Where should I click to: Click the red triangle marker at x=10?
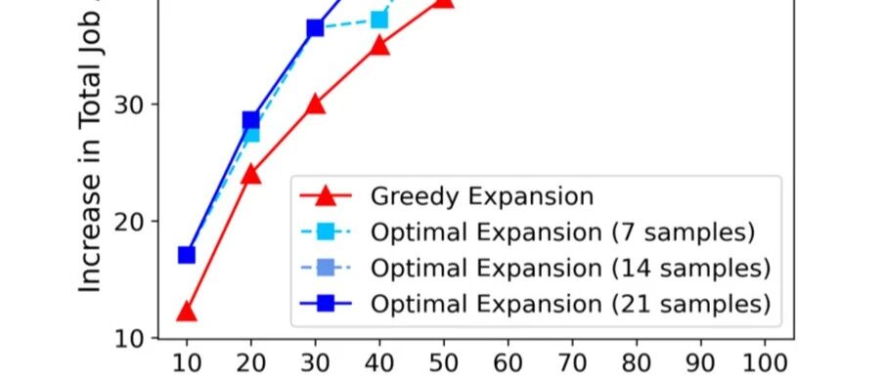[x=187, y=313]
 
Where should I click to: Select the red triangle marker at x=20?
[x=251, y=175]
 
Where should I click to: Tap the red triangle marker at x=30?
[x=315, y=105]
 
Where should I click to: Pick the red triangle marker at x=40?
[x=379, y=46]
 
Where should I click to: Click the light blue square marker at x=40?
[x=379, y=21]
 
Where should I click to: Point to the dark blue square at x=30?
[x=315, y=27]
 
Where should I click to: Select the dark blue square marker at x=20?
[x=251, y=120]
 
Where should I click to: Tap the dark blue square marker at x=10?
[x=187, y=255]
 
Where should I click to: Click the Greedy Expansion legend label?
[x=482, y=196]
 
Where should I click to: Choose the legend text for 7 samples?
[x=562, y=232]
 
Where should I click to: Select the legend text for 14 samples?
[x=571, y=269]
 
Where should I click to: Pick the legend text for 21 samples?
[x=571, y=305]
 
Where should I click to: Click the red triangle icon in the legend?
[x=326, y=196]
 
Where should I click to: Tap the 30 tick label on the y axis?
[x=128, y=105]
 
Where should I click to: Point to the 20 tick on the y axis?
[x=128, y=222]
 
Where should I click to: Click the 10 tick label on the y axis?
[x=128, y=338]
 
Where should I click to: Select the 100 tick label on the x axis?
[x=765, y=364]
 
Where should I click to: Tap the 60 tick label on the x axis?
[x=508, y=364]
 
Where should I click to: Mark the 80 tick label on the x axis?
[x=637, y=364]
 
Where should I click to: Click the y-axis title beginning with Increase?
[x=90, y=147]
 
